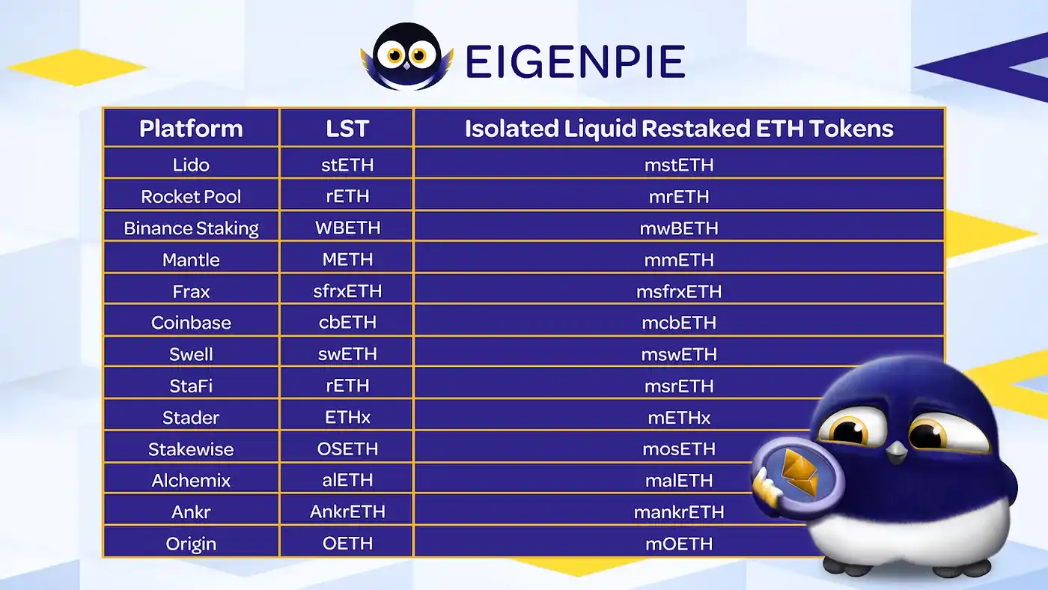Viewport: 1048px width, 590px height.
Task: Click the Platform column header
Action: [191, 128]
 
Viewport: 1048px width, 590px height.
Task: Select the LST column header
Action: [347, 128]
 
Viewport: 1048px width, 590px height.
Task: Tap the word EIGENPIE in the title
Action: [574, 61]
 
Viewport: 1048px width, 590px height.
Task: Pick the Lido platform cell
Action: [191, 165]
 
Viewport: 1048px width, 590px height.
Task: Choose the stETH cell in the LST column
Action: [347, 165]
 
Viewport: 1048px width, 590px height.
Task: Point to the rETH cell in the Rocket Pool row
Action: [347, 196]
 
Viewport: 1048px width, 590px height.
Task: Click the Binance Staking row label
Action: [191, 228]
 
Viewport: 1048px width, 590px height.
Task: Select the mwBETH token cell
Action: [679, 228]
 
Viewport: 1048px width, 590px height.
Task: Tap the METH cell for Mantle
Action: [347, 260]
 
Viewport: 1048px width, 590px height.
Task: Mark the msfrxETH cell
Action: [679, 291]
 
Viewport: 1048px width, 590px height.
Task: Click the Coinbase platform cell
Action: [191, 323]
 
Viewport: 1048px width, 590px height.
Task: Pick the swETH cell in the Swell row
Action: [347, 354]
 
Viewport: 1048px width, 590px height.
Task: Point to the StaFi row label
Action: [191, 386]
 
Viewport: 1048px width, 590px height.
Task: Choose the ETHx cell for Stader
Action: [347, 418]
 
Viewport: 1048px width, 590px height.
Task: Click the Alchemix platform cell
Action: [191, 481]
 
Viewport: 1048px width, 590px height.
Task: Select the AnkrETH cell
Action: [347, 512]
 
